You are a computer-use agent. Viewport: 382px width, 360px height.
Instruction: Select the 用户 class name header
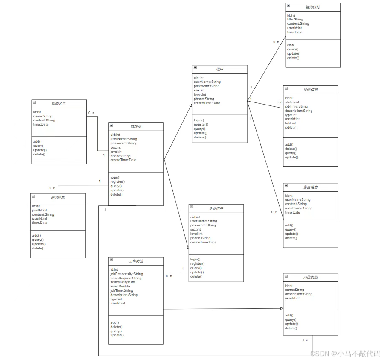(219, 69)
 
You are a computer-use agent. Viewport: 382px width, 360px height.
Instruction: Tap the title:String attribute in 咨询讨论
(295, 20)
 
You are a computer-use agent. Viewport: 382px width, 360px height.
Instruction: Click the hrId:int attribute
(291, 123)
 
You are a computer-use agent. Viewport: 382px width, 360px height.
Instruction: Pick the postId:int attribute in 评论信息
(39, 210)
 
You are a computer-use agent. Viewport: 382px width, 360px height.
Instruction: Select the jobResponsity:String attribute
(126, 274)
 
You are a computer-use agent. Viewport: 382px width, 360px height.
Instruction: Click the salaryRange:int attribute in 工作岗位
(122, 282)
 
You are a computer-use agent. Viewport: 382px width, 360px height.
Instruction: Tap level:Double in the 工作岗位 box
(120, 287)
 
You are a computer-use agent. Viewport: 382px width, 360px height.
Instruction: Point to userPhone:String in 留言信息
(298, 208)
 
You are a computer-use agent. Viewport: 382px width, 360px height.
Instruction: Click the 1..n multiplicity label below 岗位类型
(306, 340)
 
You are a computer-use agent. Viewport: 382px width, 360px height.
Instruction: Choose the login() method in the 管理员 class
(115, 178)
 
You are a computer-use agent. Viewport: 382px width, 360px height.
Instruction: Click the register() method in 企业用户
(197, 264)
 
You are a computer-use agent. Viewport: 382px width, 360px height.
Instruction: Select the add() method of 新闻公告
(37, 141)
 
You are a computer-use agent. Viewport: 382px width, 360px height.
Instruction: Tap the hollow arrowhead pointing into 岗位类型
(281, 308)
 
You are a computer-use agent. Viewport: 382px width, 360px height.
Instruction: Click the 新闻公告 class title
(59, 103)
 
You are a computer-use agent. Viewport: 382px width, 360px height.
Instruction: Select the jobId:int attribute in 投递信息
(291, 127)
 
